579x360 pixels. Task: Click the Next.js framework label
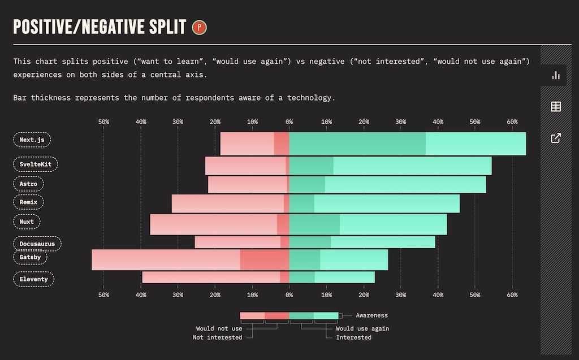[x=32, y=140]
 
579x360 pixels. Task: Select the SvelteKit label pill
[x=35, y=164]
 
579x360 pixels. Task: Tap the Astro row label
[x=28, y=184]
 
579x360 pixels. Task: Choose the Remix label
[x=28, y=202]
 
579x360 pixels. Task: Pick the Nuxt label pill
[x=27, y=222]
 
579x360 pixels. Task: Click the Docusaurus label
[x=37, y=244]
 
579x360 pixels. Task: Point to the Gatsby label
[x=30, y=257]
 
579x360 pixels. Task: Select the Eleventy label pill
[x=33, y=279]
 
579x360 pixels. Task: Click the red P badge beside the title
[x=199, y=27]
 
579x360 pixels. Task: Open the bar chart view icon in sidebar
[x=556, y=75]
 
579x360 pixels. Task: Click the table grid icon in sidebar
[x=556, y=106]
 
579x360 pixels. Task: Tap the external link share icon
[x=556, y=138]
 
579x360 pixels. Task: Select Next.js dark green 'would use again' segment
[x=357, y=144]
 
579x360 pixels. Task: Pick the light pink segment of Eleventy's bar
[x=210, y=277]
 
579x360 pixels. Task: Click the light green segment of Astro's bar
[x=405, y=185]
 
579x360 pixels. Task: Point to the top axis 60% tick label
[x=512, y=122]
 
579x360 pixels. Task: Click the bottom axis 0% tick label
[x=289, y=295]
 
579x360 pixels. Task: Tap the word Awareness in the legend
[x=371, y=315]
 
